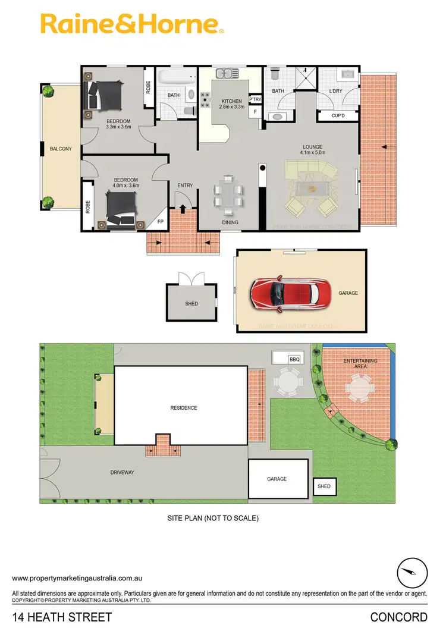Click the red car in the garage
coord(290,293)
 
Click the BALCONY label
coord(61,149)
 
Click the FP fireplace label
coord(159,222)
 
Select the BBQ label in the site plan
coord(294,359)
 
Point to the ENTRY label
coord(185,186)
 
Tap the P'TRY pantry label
coord(255,99)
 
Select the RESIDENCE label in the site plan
coord(183,408)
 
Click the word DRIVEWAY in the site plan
coord(122,472)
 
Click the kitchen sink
coord(225,74)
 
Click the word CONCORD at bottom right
coord(398,617)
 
